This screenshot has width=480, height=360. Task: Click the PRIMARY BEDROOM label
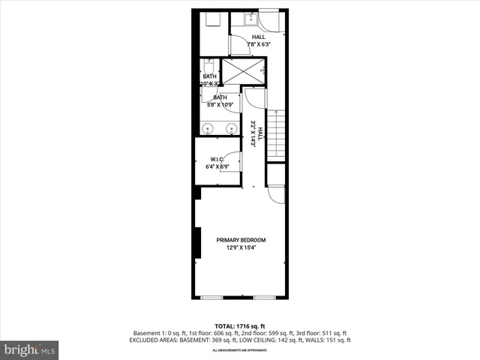click(x=241, y=240)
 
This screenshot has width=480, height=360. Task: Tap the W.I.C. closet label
click(x=217, y=159)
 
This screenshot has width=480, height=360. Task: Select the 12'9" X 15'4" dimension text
click(x=241, y=248)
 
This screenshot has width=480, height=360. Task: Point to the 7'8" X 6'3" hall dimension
click(x=259, y=44)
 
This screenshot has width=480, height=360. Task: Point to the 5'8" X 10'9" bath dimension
click(x=220, y=104)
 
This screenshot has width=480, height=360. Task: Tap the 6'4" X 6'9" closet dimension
click(x=217, y=166)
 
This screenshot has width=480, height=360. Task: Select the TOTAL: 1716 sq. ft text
click(x=241, y=326)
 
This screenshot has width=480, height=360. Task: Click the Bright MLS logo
click(x=30, y=349)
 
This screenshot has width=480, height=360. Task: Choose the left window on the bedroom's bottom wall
click(x=211, y=298)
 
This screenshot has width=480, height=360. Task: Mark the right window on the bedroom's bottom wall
click(x=263, y=298)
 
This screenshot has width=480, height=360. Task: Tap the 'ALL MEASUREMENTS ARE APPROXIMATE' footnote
click(x=240, y=350)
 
